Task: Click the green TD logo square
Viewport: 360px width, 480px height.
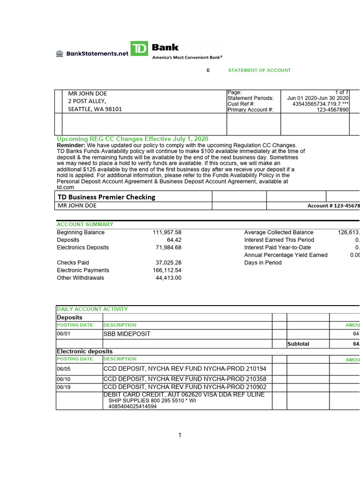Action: [139, 49]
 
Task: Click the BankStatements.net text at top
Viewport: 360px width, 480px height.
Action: [97, 53]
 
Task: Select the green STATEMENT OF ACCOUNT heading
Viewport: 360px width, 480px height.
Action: [259, 70]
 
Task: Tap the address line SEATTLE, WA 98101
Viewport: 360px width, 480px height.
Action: [95, 109]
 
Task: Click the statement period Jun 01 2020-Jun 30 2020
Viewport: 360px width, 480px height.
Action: [318, 98]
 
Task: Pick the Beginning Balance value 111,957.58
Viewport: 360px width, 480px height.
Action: [167, 232]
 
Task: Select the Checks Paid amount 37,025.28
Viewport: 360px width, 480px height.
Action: [168, 263]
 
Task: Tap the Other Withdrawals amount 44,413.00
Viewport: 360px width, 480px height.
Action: [168, 278]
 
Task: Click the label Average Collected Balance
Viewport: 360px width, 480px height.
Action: [279, 232]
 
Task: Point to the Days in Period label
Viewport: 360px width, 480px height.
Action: [263, 263]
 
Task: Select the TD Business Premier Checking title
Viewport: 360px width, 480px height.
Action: [106, 197]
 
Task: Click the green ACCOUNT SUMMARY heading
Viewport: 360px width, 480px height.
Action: [85, 225]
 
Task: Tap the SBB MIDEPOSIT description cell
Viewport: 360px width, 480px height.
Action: [127, 334]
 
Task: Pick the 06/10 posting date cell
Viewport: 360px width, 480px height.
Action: [63, 379]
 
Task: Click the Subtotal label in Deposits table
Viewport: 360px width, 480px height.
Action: [298, 344]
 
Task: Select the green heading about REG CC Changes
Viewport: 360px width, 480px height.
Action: [133, 139]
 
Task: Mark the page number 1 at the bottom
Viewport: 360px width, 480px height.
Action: [180, 435]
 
